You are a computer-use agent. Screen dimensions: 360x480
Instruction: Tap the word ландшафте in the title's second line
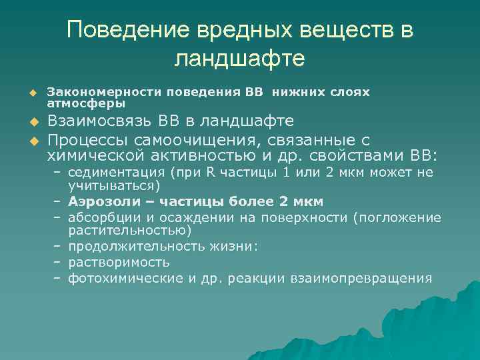point(239,59)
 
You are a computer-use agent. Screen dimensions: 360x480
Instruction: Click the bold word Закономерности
point(105,92)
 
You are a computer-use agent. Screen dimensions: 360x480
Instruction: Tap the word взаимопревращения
point(361,278)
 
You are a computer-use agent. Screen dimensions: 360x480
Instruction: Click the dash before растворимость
point(58,263)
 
